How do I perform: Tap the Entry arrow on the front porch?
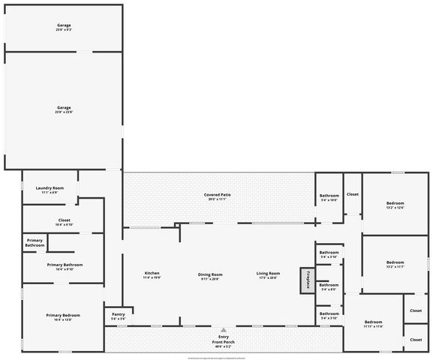click(x=222, y=329)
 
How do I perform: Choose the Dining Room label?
click(x=210, y=274)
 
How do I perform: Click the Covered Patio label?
click(x=217, y=195)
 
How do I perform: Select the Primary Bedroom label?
click(x=63, y=315)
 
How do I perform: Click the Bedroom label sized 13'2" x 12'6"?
click(x=395, y=204)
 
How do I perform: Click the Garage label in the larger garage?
click(x=64, y=107)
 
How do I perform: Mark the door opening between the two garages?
click(x=85, y=52)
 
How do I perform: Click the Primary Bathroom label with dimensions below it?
click(x=65, y=265)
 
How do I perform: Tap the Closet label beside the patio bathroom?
click(x=353, y=194)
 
